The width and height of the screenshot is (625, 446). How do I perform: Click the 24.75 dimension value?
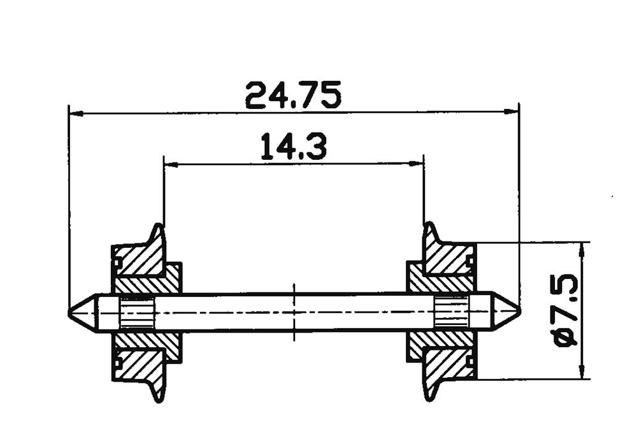pyautogui.click(x=293, y=96)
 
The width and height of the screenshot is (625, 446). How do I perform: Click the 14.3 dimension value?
pyautogui.click(x=294, y=147)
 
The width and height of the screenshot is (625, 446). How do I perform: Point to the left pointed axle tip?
pyautogui.click(x=69, y=312)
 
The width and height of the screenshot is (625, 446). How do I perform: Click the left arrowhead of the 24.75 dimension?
pyautogui.click(x=76, y=114)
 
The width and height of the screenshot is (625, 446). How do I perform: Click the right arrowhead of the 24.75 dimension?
pyautogui.click(x=512, y=112)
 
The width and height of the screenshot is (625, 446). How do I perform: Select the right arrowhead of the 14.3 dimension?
pyautogui.click(x=416, y=162)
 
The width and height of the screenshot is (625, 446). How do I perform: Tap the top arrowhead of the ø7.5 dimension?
pyautogui.click(x=583, y=249)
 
